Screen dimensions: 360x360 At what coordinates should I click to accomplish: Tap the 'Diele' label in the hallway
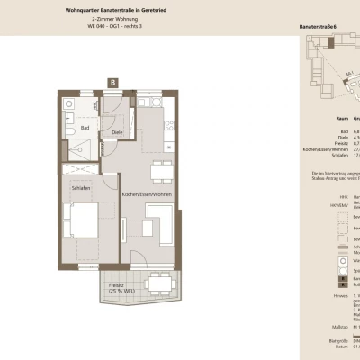pos(116,133)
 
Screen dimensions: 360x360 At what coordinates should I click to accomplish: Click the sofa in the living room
pos(163,225)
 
